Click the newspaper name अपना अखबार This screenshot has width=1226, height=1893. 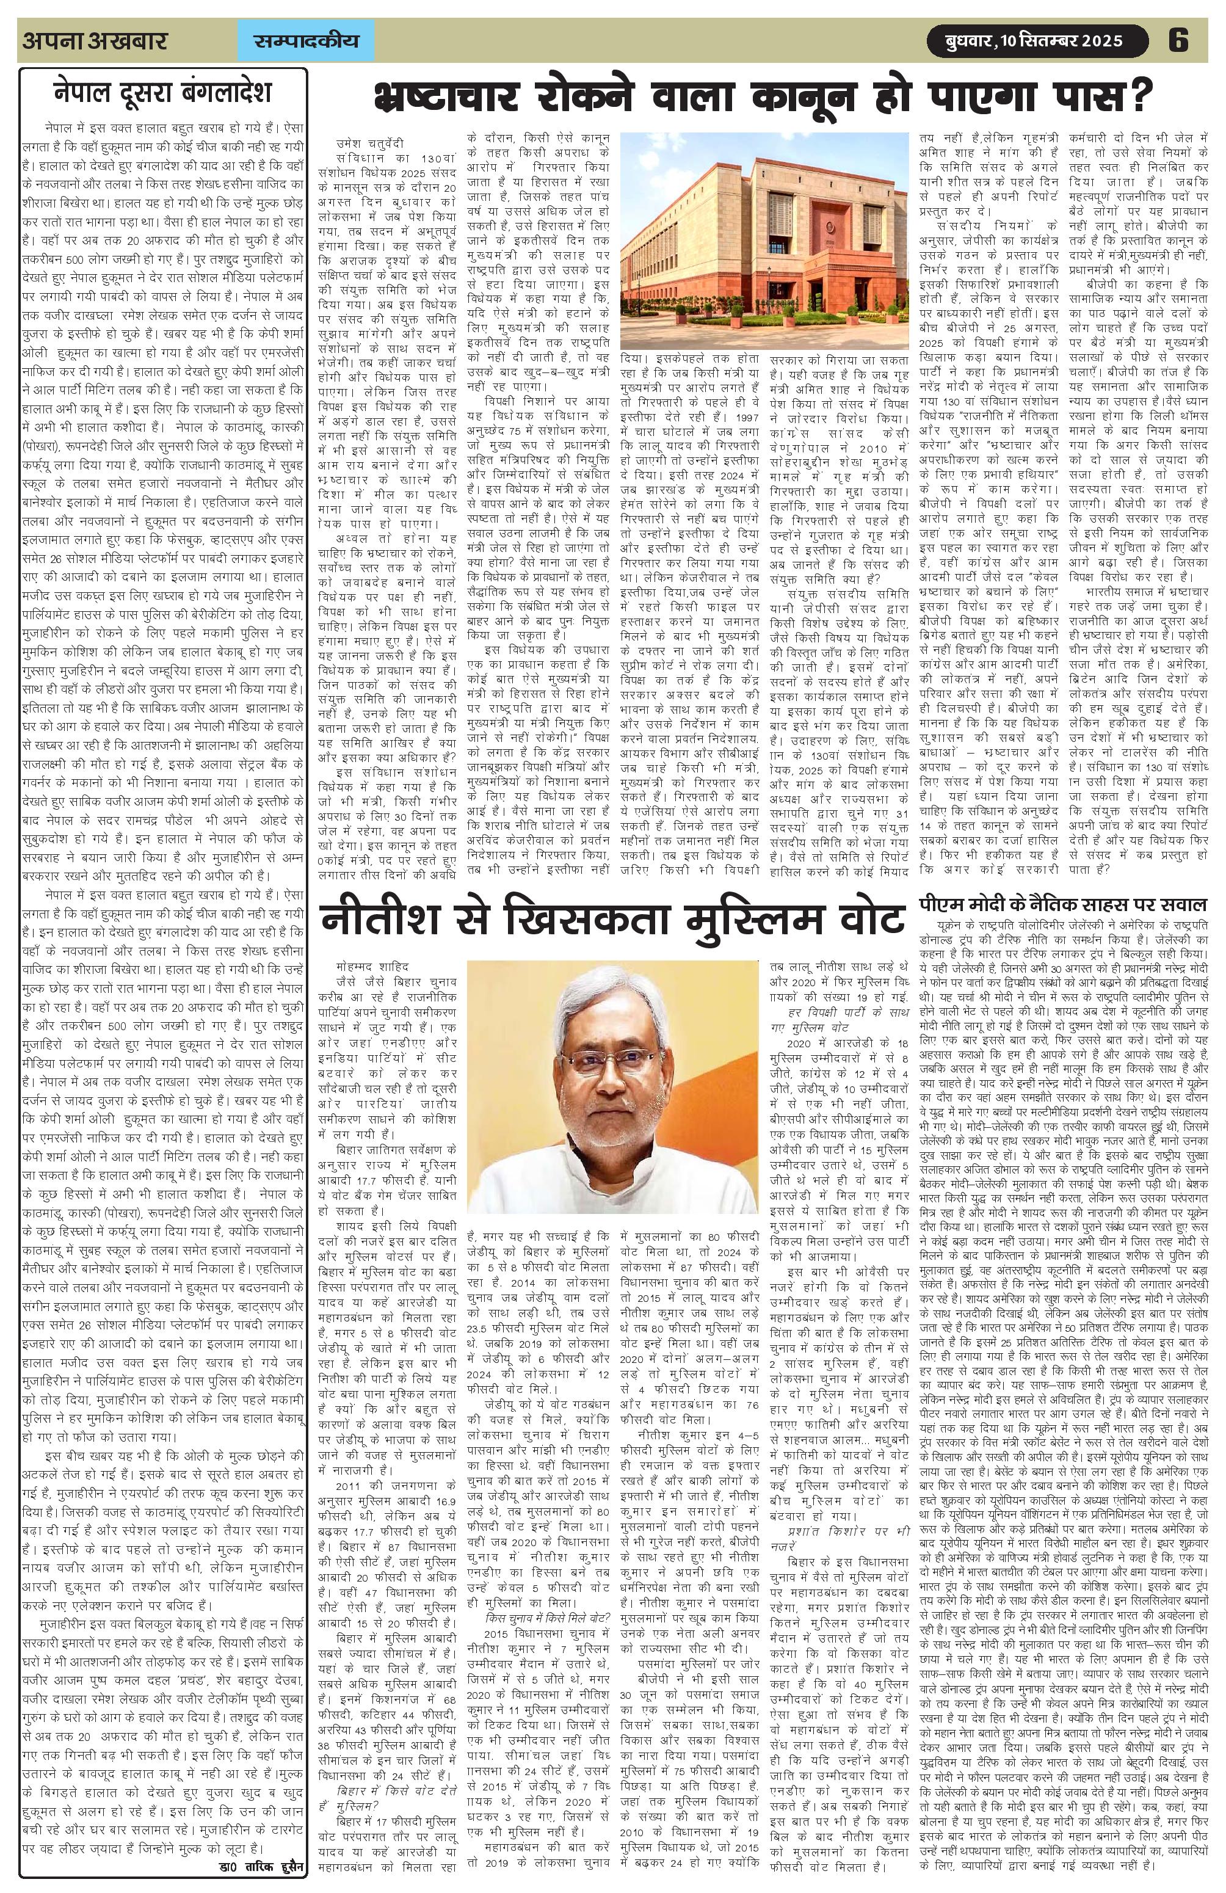pyautogui.click(x=95, y=40)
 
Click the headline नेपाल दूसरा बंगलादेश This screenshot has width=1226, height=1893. pyautogui.click(x=162, y=92)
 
